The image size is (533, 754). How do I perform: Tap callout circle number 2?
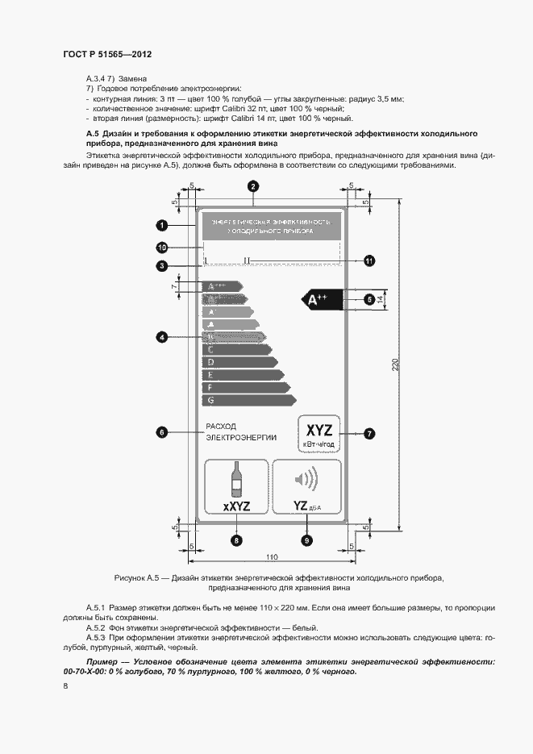[x=252, y=186]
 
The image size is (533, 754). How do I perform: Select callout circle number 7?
[x=369, y=433]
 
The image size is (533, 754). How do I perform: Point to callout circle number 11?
[x=369, y=260]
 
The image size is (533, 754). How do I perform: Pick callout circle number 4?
[x=162, y=338]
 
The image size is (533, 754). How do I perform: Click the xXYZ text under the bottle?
[x=237, y=506]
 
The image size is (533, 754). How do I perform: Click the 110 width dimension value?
[x=273, y=556]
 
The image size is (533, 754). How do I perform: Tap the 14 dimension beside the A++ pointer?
[x=381, y=299]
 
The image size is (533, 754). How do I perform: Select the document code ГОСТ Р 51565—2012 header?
[x=107, y=53]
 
